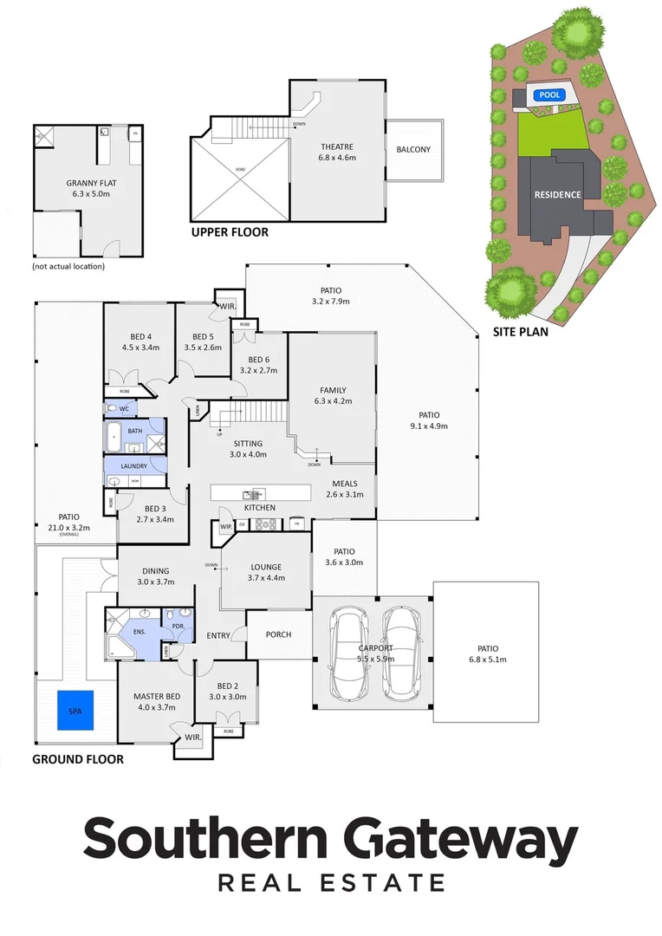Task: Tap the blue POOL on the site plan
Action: pos(548,95)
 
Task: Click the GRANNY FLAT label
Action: pos(86,183)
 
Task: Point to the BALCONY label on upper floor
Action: pos(413,150)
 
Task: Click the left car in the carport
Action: pos(352,651)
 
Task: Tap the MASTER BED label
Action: pos(156,696)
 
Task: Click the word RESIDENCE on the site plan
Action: pos(557,195)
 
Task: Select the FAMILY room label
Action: pos(333,390)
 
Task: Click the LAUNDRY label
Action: pos(133,465)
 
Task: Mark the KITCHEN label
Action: pos(259,507)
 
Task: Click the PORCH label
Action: pos(278,634)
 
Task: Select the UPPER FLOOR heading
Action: pos(230,232)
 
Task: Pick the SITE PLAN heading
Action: pos(520,331)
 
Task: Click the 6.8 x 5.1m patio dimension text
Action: pos(485,660)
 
